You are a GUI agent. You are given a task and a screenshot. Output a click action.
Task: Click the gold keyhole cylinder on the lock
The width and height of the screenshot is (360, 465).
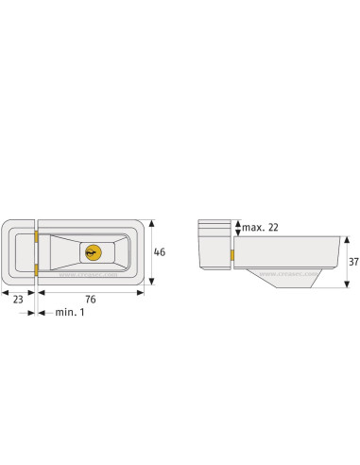[x=93, y=252]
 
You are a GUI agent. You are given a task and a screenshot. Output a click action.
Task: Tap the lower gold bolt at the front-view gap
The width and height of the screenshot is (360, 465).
[x=35, y=272]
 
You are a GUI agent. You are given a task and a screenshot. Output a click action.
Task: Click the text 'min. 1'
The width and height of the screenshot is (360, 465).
[x=70, y=311]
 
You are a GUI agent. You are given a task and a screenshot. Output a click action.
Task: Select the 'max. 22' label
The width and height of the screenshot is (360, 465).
[x=260, y=228]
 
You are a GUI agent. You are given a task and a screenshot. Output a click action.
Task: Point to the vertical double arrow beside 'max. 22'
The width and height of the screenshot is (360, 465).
[x=235, y=228]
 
